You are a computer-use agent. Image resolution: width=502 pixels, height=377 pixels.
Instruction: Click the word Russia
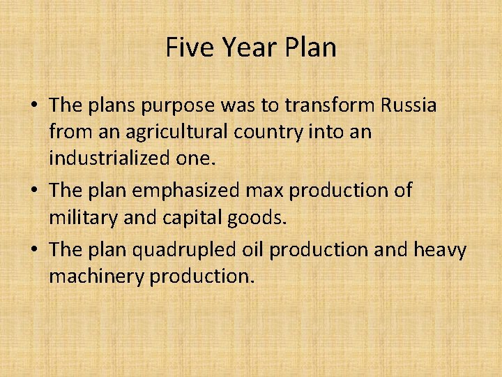click(x=409, y=105)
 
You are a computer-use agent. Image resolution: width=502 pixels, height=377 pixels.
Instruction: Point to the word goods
click(x=261, y=217)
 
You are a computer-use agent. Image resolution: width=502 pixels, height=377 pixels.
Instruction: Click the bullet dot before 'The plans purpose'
click(x=33, y=107)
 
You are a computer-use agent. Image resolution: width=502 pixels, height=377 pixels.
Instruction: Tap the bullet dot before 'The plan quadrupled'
click(x=33, y=251)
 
